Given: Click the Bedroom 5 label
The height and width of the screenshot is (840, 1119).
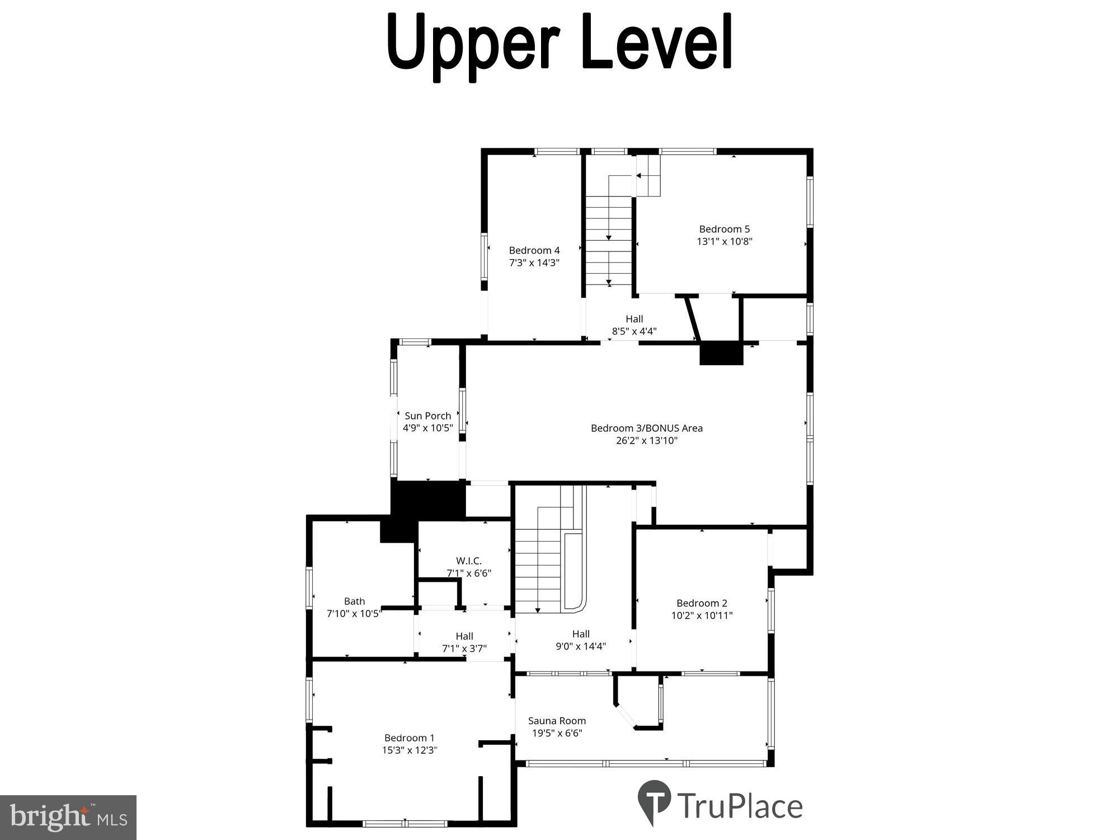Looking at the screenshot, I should pyautogui.click(x=724, y=229).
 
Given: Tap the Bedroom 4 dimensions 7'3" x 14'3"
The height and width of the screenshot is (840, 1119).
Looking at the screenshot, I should pyautogui.click(x=534, y=263).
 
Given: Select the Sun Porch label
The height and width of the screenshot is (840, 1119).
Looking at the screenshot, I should pyautogui.click(x=427, y=416).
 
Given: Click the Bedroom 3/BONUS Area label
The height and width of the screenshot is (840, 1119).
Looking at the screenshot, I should pyautogui.click(x=646, y=428).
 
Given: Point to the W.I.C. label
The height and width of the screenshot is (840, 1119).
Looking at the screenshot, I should pyautogui.click(x=468, y=561).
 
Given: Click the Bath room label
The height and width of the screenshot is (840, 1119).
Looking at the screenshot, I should pyautogui.click(x=354, y=601).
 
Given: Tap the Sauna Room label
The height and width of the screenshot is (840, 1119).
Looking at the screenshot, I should pyautogui.click(x=557, y=721).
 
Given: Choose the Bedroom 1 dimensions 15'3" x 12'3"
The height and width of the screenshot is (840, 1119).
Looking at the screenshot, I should pyautogui.click(x=409, y=750).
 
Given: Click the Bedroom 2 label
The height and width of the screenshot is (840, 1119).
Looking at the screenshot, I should pyautogui.click(x=702, y=603).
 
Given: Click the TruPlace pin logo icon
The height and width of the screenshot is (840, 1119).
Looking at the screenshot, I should pyautogui.click(x=653, y=800).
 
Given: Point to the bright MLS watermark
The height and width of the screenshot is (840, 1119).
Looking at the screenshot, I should pyautogui.click(x=68, y=818).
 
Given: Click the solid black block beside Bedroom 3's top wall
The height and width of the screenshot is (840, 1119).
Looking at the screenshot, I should pyautogui.click(x=721, y=353).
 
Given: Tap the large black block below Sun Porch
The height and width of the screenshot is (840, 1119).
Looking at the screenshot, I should pyautogui.click(x=427, y=500).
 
